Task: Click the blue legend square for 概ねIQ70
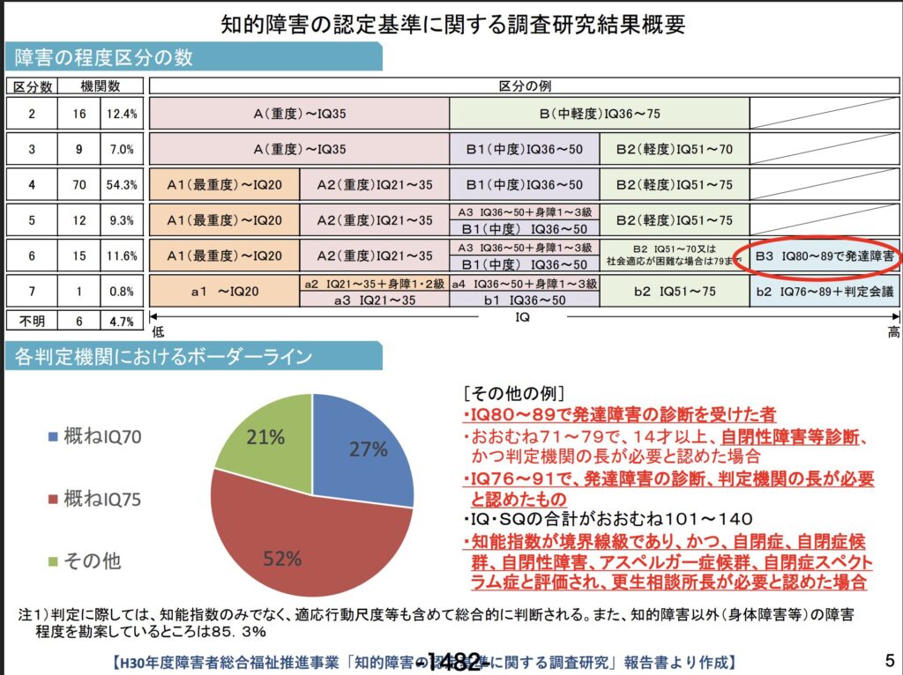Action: pos(53,436)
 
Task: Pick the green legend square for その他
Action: pos(53,560)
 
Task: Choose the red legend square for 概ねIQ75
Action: pos(53,499)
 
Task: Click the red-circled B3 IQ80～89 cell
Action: pos(824,256)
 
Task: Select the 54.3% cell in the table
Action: pos(122,185)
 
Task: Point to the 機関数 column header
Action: pos(100,85)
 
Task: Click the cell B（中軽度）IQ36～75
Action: pos(600,114)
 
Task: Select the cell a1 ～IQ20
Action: pos(224,291)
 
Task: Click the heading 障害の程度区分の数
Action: pos(104,58)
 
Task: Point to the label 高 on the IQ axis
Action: pos(893,331)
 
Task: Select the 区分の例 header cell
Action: pos(525,85)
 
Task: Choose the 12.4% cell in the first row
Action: pos(122,114)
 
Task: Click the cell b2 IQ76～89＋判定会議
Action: pos(825,291)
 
